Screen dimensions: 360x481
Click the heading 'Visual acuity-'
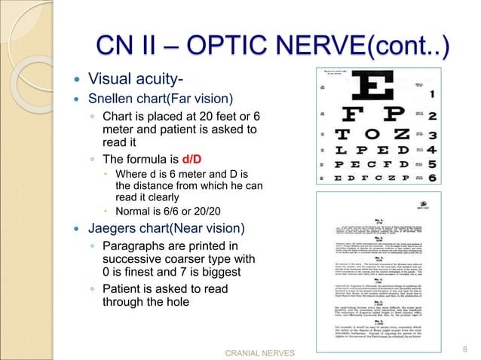136,78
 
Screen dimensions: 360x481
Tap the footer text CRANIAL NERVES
260,351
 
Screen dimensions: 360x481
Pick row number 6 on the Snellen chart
432,178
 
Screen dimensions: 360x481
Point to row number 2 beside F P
433,117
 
